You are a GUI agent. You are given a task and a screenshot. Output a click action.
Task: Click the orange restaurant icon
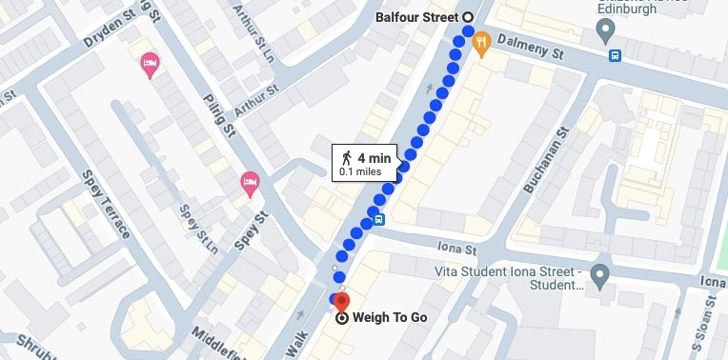(481, 42)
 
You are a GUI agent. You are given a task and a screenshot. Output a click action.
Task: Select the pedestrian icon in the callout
(347, 157)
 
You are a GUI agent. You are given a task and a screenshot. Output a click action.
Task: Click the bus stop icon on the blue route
(379, 221)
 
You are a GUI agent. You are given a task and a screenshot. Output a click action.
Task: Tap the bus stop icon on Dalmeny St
(616, 55)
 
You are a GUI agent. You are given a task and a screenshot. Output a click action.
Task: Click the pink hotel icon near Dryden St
(150, 65)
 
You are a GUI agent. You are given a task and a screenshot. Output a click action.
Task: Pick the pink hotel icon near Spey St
(250, 183)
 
